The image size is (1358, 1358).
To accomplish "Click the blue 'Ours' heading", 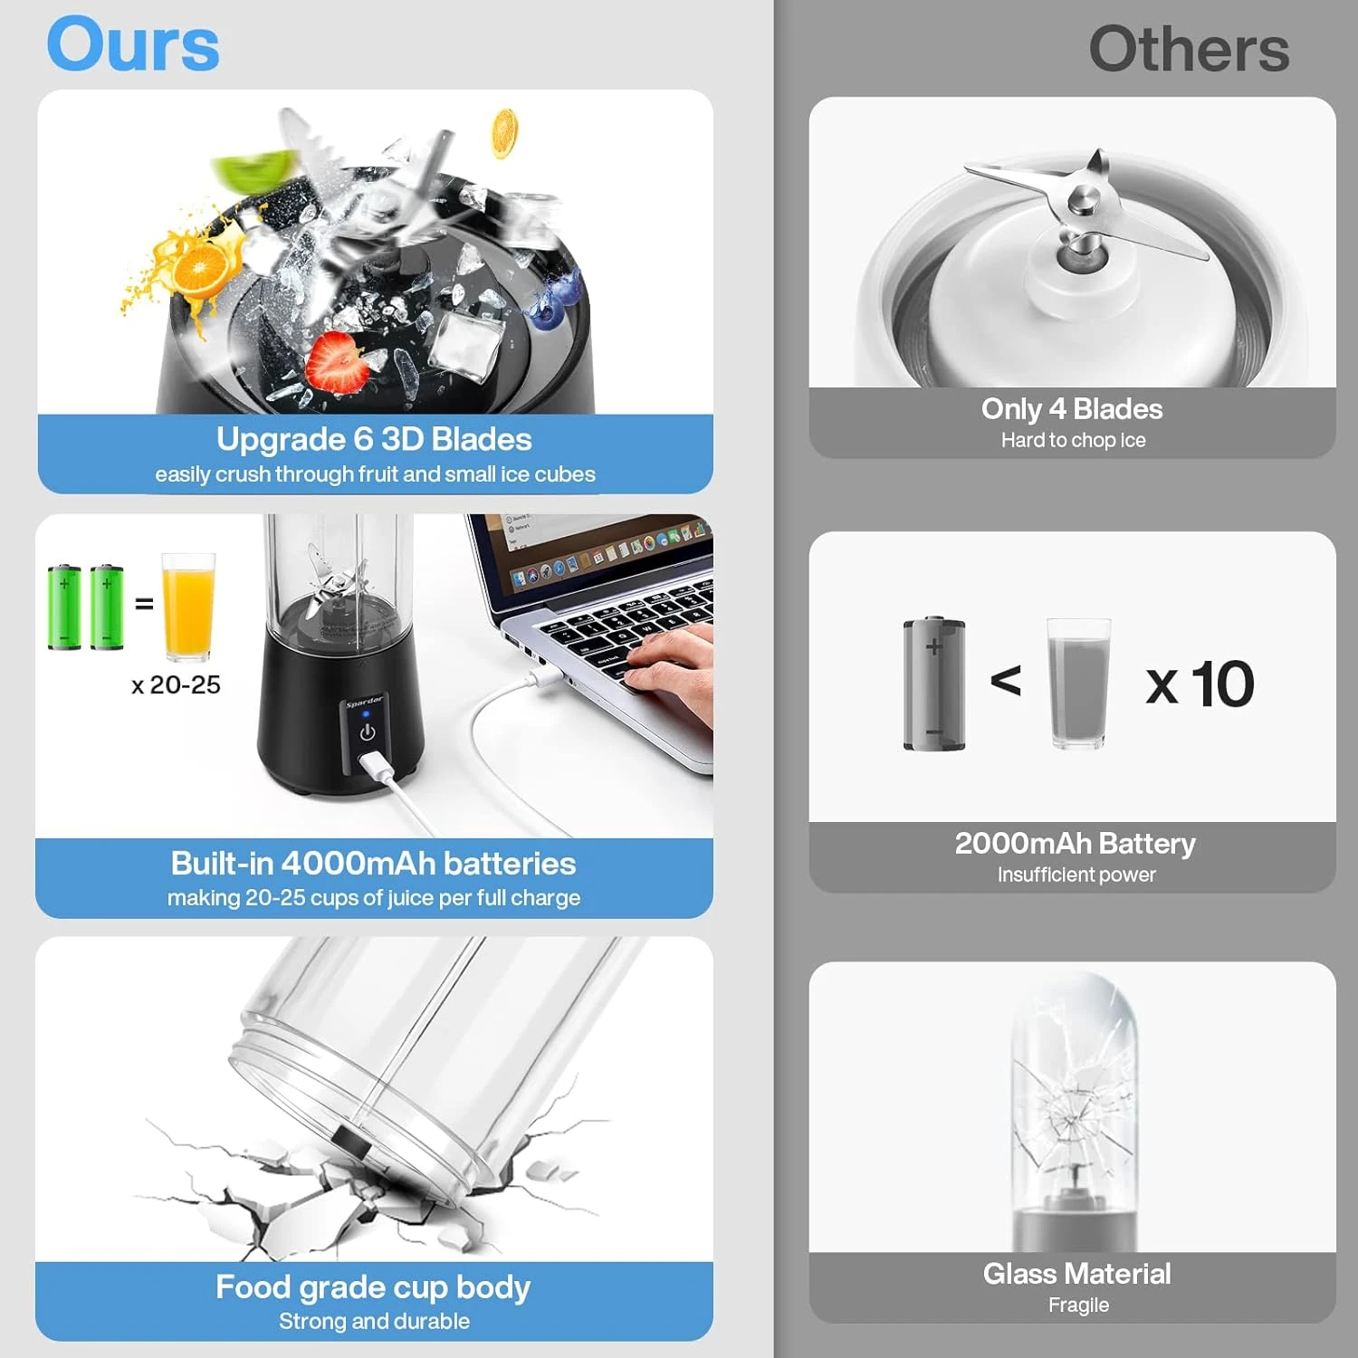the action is click(x=133, y=44).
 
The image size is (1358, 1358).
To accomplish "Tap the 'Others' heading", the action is click(x=1189, y=49).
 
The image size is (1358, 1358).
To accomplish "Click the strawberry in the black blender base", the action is click(x=337, y=361).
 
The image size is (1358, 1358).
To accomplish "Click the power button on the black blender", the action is click(x=368, y=732).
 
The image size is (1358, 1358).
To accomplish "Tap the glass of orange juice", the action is click(x=188, y=607).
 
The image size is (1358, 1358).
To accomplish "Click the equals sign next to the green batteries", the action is click(x=144, y=603).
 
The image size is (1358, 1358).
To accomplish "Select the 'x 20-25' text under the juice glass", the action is click(x=176, y=684).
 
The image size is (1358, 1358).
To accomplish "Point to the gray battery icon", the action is click(x=934, y=684).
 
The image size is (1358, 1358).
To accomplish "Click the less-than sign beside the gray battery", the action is click(x=1006, y=681).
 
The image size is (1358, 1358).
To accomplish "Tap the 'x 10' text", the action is click(x=1200, y=684).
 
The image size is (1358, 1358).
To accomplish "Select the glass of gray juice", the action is click(x=1078, y=684).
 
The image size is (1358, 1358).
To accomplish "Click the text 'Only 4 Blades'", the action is click(x=1072, y=409).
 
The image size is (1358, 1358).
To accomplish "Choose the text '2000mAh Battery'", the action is click(x=1076, y=844).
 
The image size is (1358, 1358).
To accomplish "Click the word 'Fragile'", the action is click(x=1078, y=1305).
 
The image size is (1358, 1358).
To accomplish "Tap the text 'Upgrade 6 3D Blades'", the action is click(x=374, y=439).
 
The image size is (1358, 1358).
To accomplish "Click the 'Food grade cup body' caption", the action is click(x=373, y=1287).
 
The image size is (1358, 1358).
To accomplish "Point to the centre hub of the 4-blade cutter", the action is click(x=1081, y=201).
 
